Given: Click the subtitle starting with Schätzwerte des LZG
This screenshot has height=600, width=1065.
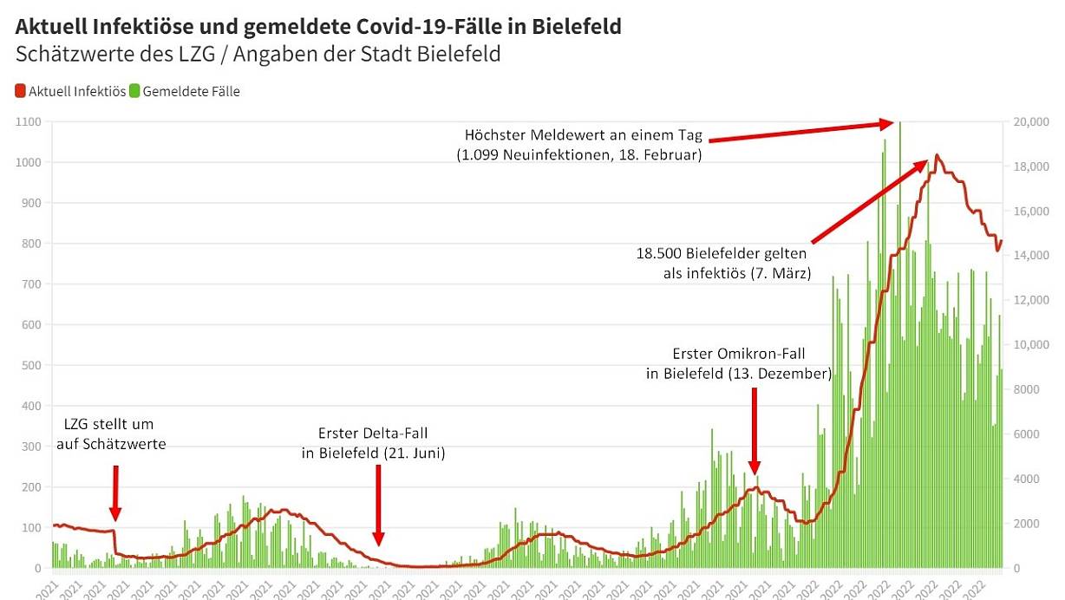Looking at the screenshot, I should click(258, 54).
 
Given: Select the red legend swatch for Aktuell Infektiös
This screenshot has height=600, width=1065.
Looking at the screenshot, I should click(21, 91).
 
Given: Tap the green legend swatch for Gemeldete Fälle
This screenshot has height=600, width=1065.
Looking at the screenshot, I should click(134, 91).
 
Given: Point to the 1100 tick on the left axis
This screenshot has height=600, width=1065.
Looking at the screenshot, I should click(29, 122).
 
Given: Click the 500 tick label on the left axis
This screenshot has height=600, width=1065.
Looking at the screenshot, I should click(31, 366).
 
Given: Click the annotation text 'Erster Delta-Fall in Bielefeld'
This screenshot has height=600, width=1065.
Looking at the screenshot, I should click(373, 442).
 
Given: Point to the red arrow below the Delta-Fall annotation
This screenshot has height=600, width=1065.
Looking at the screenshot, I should click(378, 503).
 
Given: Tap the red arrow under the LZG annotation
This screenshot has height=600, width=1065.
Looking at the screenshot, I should click(115, 494).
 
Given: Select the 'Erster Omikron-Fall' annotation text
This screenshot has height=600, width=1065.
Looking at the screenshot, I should click(739, 364).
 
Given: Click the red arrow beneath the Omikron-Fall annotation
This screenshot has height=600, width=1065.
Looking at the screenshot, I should click(755, 430).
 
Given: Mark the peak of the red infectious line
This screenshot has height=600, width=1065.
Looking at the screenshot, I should click(937, 156).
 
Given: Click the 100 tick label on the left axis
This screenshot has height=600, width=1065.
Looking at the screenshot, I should click(31, 528).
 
